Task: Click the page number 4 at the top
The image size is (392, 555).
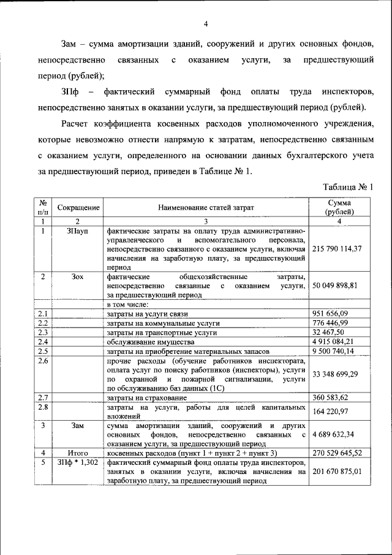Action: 206,24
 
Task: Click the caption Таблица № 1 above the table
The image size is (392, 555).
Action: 347,188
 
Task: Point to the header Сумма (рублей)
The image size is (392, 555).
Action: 339,208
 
